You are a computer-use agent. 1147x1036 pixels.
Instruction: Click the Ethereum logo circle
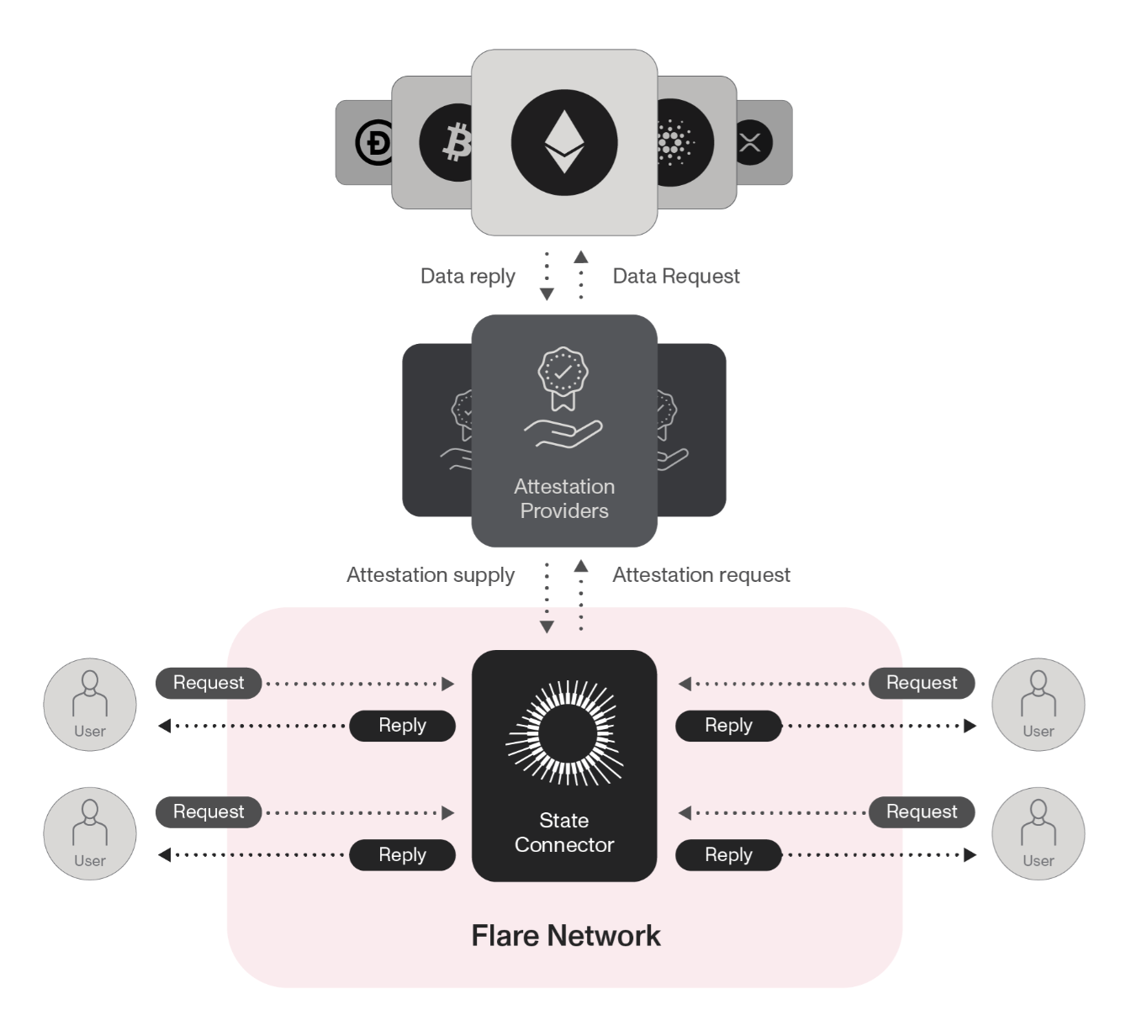(x=564, y=142)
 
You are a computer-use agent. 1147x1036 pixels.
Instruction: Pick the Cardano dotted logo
(x=678, y=143)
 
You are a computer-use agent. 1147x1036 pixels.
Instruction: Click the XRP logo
(x=751, y=142)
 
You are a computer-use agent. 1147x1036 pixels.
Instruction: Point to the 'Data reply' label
(x=468, y=276)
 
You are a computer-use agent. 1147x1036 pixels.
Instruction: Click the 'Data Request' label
(x=676, y=276)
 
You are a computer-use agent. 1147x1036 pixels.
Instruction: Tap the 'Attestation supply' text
(x=431, y=575)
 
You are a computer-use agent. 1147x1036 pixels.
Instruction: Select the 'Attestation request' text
(x=701, y=575)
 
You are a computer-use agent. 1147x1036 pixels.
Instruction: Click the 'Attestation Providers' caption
(x=564, y=499)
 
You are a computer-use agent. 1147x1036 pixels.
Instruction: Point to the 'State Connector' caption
(x=564, y=832)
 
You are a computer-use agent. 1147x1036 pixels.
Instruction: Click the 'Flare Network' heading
(x=566, y=936)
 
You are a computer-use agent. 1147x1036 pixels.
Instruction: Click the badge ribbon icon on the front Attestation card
(x=563, y=377)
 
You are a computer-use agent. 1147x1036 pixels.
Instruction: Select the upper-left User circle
(x=90, y=705)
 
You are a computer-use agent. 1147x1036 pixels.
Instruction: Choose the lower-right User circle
(x=1039, y=833)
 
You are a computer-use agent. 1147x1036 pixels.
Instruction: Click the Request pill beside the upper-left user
(x=209, y=683)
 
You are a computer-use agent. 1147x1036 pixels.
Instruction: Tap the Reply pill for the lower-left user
(x=402, y=855)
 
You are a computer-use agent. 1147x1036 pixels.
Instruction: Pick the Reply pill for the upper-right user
(x=728, y=726)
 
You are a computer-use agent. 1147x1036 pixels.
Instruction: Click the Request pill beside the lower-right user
(x=922, y=812)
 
